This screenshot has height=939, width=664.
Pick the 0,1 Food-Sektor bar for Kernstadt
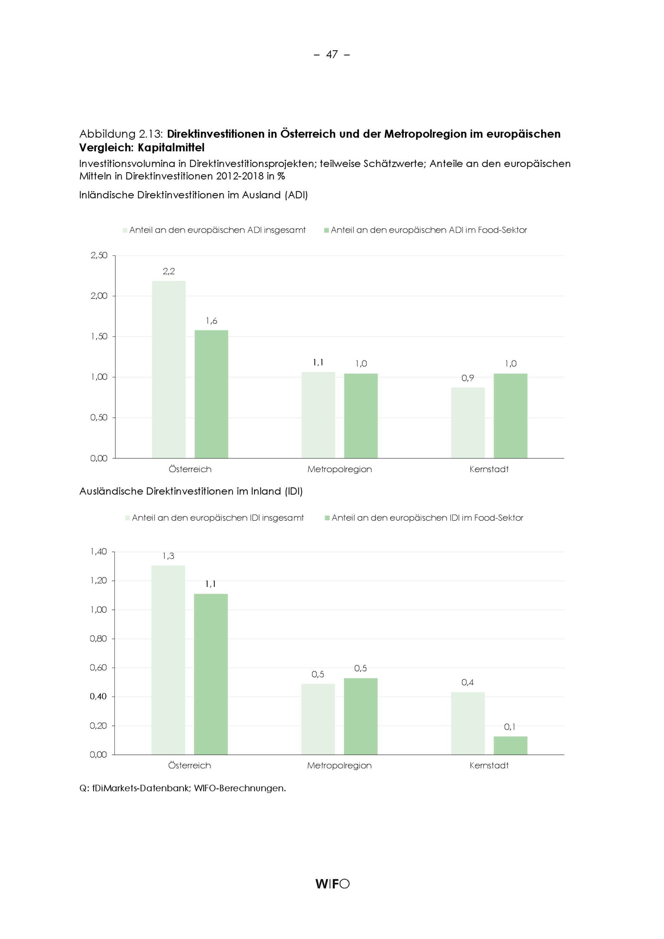[510, 745]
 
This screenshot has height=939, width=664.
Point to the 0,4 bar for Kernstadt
[468, 723]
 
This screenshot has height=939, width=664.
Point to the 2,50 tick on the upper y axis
[99, 256]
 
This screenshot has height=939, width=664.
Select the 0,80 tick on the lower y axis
[99, 639]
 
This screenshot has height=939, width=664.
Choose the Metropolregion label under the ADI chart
[339, 469]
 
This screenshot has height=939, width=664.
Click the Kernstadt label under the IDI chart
[489, 765]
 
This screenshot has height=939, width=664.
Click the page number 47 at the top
[332, 54]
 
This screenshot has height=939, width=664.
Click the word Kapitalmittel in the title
[171, 148]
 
